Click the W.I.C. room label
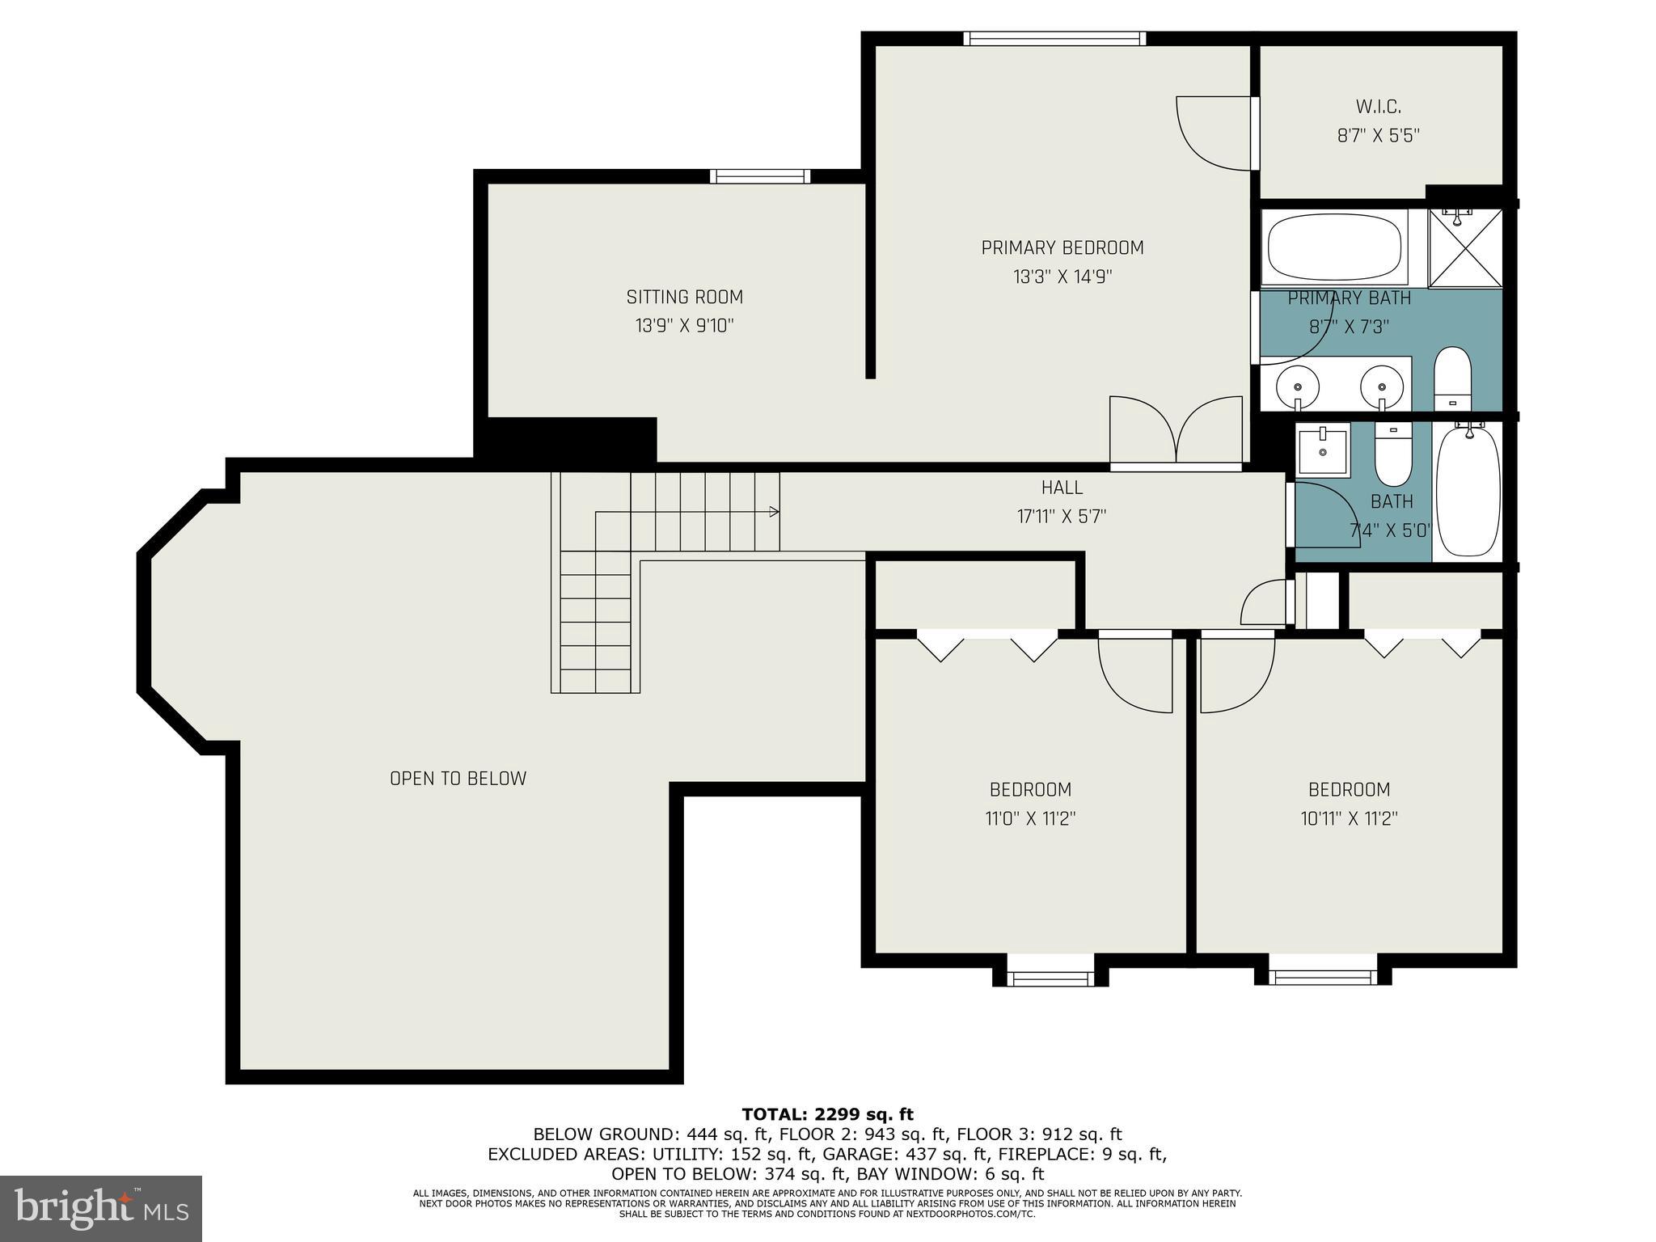click(1378, 107)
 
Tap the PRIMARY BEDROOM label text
click(1062, 248)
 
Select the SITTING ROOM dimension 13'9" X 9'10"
click(684, 326)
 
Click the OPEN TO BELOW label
click(458, 779)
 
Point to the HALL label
click(1062, 488)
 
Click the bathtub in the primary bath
click(1333, 247)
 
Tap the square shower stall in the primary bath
click(1465, 248)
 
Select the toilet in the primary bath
click(1452, 380)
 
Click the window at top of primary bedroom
click(1054, 38)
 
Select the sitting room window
click(759, 176)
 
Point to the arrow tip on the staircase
click(775, 512)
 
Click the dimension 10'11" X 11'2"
click(1349, 818)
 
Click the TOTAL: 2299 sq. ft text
click(827, 1115)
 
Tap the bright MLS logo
click(101, 1209)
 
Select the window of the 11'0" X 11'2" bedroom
click(1050, 979)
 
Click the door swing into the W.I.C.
click(1213, 133)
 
